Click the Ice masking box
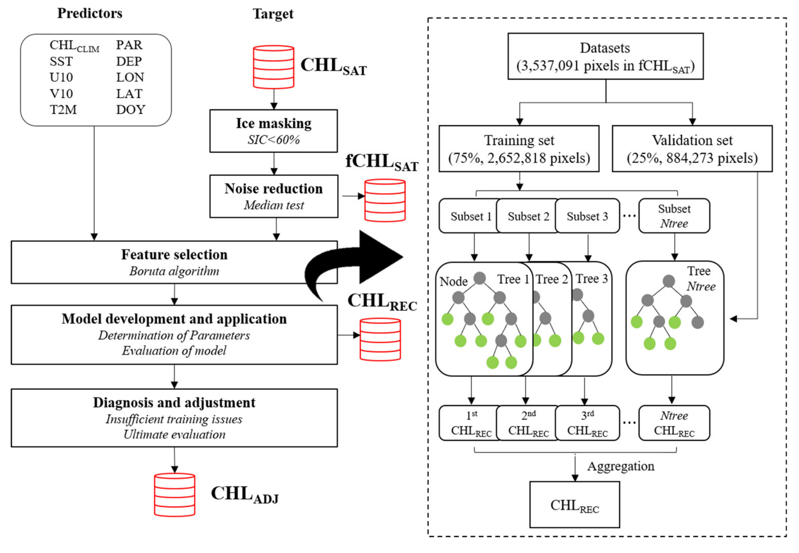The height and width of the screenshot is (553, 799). [273, 131]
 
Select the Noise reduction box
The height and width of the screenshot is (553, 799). [273, 196]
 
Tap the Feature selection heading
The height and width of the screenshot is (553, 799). [174, 255]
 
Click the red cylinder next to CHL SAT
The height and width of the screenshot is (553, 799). [273, 67]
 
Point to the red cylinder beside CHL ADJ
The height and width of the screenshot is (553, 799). [174, 494]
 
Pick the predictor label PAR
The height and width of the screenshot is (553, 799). [129, 45]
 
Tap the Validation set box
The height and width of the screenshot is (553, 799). [692, 149]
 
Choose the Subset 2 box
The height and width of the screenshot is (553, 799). [528, 216]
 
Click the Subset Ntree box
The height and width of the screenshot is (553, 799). [674, 216]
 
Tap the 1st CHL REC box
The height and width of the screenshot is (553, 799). [470, 423]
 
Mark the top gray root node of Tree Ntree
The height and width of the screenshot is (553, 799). [668, 281]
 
